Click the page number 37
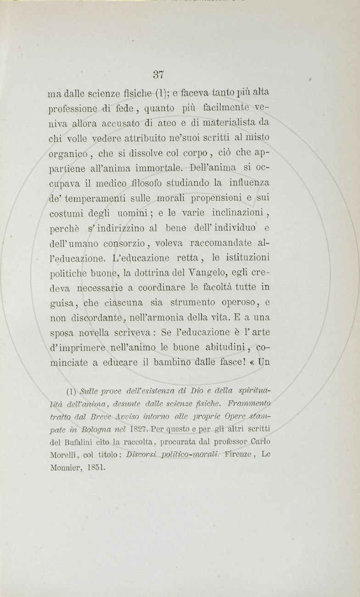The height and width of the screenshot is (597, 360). tap(159, 74)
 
